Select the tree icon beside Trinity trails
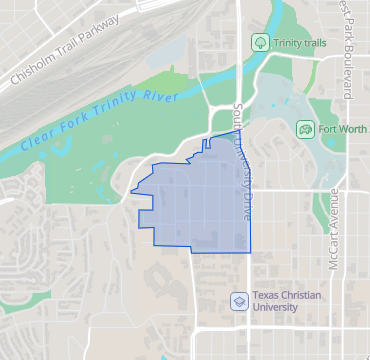(260, 42)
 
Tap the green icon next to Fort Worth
(304, 129)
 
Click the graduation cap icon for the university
(239, 300)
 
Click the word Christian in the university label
(305, 294)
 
